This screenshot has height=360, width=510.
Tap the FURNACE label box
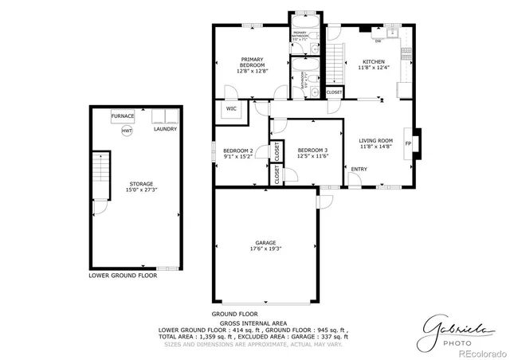pyautogui.click(x=123, y=116)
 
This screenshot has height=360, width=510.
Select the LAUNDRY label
pyautogui.click(x=165, y=128)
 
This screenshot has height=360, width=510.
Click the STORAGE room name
pyautogui.click(x=142, y=184)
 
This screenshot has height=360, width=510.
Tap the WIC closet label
pyautogui.click(x=231, y=109)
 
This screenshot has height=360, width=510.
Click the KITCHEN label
pyautogui.click(x=374, y=62)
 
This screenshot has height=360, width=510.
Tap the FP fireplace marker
pyautogui.click(x=409, y=144)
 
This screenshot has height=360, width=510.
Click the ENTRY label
pyautogui.click(x=359, y=169)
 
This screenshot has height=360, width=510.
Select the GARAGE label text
pyautogui.click(x=266, y=242)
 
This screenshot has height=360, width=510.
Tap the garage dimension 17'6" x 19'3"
pyautogui.click(x=266, y=249)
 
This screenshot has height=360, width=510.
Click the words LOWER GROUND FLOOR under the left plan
pyautogui.click(x=123, y=276)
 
